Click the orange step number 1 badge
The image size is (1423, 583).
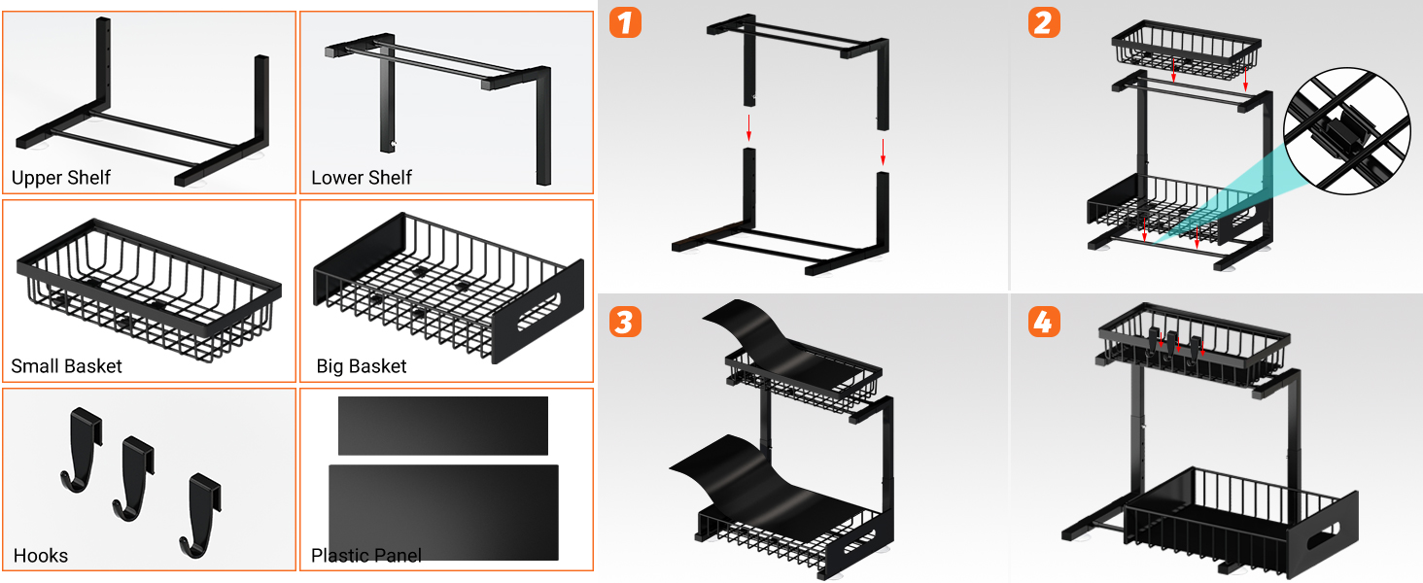click(x=625, y=22)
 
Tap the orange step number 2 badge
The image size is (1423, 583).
click(x=1043, y=22)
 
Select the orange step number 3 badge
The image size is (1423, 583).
click(x=625, y=321)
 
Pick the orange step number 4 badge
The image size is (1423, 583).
click(x=1043, y=321)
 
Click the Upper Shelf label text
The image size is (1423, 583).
click(x=61, y=178)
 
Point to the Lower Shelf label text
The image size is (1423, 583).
click(x=362, y=178)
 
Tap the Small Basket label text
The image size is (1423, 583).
click(x=67, y=366)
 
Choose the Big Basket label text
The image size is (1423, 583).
click(x=362, y=366)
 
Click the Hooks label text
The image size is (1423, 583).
click(x=41, y=556)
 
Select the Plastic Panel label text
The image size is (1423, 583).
click(x=366, y=556)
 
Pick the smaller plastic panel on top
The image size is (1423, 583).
click(x=443, y=426)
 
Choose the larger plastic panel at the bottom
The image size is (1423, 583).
click(x=443, y=512)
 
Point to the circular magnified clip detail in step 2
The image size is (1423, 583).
click(x=1346, y=130)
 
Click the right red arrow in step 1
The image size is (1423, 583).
click(x=883, y=151)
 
